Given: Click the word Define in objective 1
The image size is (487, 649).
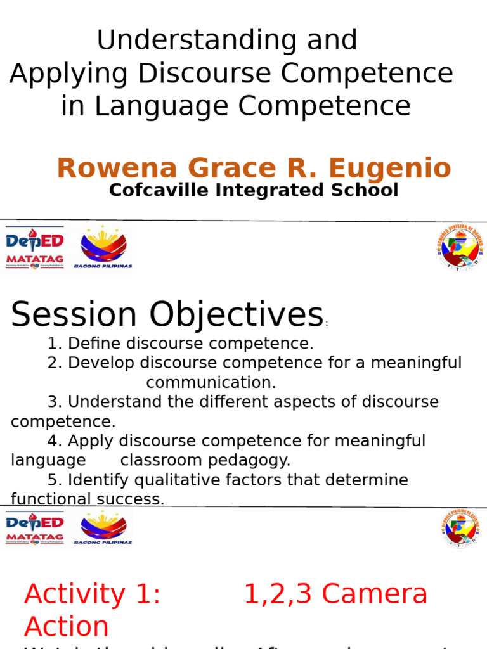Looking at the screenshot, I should tap(94, 344).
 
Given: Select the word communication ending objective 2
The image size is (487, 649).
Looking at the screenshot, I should tap(211, 383).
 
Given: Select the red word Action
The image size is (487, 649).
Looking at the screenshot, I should tap(67, 627).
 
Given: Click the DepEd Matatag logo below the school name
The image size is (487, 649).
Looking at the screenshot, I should tap(35, 247).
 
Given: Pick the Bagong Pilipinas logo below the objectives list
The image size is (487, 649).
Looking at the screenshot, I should tap(103, 529).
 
